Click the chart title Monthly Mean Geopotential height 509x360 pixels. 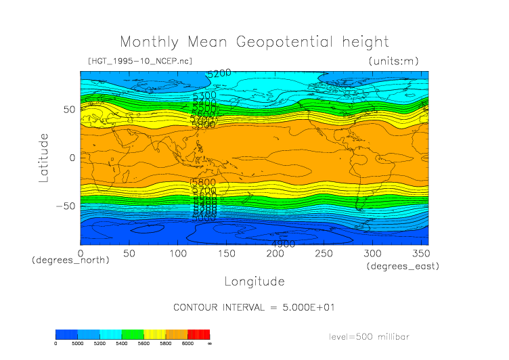point(254,42)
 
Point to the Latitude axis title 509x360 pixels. point(44,158)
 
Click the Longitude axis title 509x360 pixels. point(254,281)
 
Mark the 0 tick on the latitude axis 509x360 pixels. point(72,158)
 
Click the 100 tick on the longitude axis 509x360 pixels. point(177,253)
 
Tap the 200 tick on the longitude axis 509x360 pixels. point(274,253)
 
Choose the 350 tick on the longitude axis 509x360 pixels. point(420,253)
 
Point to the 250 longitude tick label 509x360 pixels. point(323,253)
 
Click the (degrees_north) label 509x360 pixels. point(70,260)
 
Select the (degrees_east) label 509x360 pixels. point(403,267)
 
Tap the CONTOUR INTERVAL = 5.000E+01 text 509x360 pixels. point(254,307)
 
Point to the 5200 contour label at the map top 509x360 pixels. point(219,73)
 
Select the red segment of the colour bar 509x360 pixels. point(198,334)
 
